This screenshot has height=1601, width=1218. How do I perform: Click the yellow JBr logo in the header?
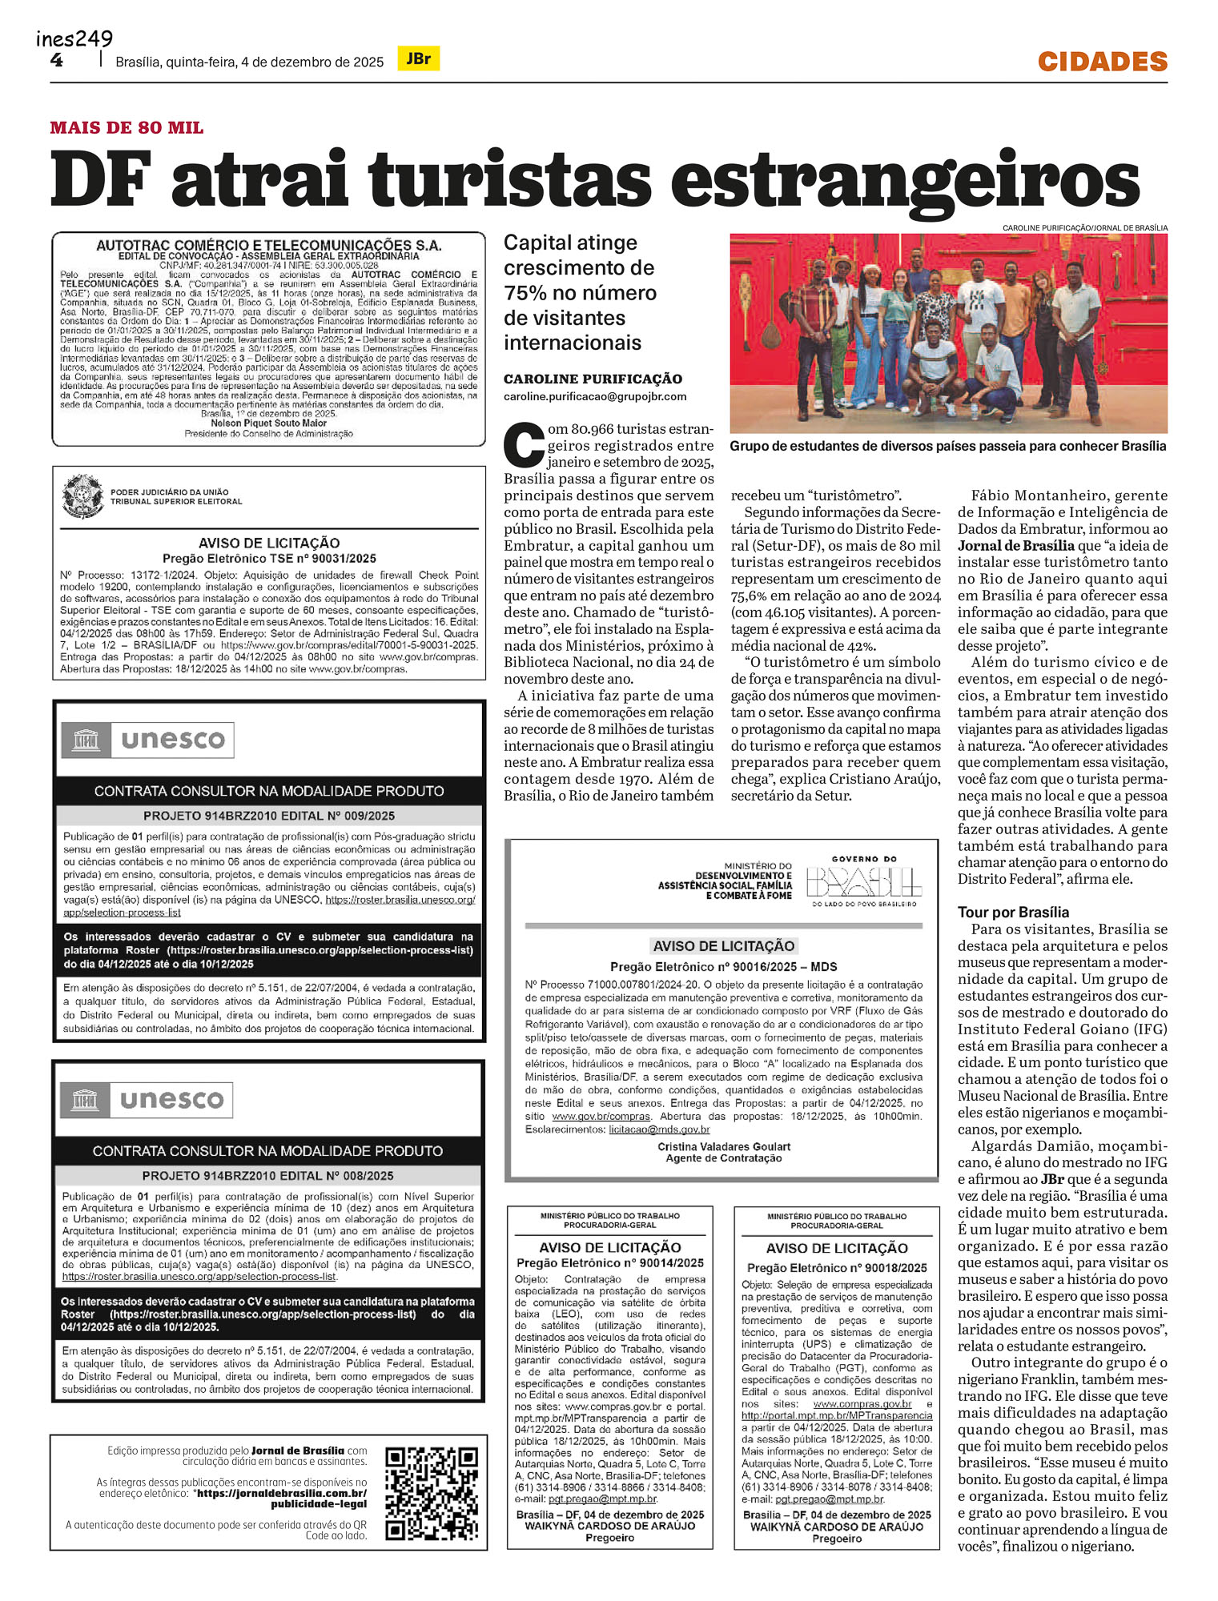coord(418,58)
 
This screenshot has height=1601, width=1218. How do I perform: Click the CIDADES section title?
coord(1102,61)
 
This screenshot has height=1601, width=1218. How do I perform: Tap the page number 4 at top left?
coord(56,60)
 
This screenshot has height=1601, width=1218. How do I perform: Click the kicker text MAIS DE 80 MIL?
coord(127,128)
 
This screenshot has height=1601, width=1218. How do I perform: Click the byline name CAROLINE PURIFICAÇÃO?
coord(593,379)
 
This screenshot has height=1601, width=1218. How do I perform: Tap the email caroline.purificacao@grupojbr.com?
coord(595,396)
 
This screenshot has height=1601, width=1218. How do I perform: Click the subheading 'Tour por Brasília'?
coord(1013,912)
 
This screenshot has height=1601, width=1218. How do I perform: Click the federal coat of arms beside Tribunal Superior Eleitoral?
coord(82,496)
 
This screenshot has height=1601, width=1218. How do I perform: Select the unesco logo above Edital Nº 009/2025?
coord(148,740)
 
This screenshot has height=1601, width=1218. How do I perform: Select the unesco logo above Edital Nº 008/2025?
coord(147,1100)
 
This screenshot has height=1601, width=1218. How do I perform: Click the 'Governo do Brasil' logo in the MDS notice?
coord(863,881)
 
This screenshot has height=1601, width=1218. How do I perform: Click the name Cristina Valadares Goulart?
coord(724,1146)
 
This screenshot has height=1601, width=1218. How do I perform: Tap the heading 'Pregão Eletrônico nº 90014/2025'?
coord(609,1262)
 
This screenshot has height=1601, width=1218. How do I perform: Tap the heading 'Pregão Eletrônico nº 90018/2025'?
coord(836,1267)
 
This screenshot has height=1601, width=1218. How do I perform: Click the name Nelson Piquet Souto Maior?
coord(268,423)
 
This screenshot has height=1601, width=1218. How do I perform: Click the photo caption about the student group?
coord(947,446)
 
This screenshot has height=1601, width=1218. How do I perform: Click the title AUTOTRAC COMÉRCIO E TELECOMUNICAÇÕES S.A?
coord(268,245)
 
